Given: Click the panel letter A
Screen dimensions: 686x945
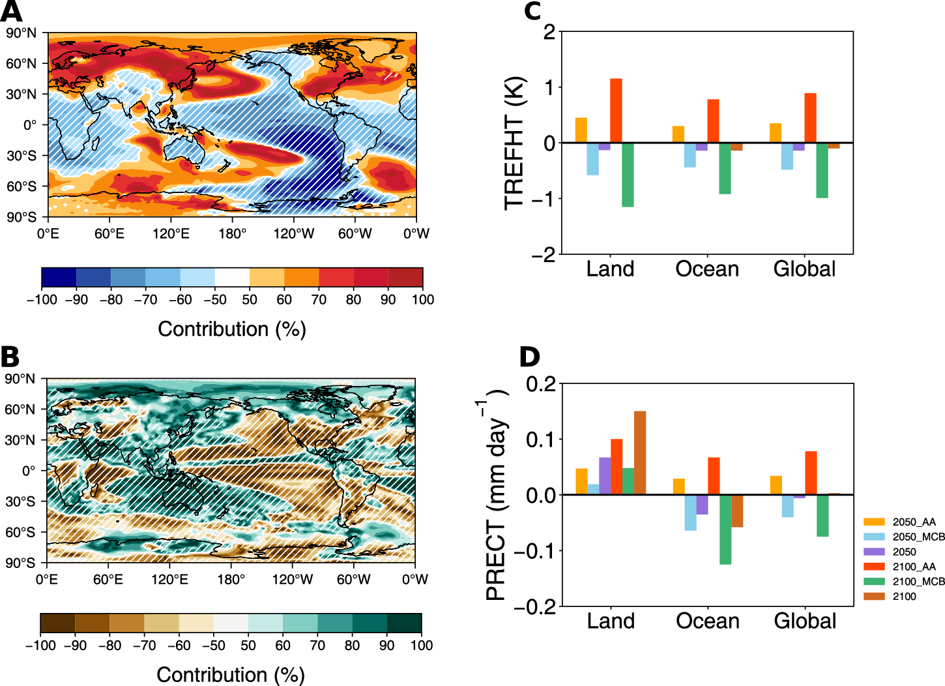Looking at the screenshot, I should tap(11, 12).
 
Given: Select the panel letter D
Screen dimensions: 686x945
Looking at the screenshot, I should tap(530, 357).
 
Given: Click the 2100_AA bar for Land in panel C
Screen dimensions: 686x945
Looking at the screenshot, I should tap(616, 110).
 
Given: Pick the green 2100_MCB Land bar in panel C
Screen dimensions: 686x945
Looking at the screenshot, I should tap(628, 175).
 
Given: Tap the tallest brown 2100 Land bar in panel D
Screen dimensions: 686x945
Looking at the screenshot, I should tap(640, 453).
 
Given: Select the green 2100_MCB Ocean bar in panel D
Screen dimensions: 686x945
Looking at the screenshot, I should tap(725, 529).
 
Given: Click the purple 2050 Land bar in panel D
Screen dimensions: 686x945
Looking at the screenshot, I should tap(605, 475).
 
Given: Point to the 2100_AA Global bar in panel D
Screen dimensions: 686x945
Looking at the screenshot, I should tap(811, 473).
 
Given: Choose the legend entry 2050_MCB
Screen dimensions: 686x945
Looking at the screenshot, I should tap(918, 537).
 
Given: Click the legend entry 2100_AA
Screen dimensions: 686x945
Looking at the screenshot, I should tap(914, 567).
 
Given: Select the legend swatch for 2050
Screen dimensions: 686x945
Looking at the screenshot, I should tap(874, 552).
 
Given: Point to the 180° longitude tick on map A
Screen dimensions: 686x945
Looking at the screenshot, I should tap(232, 233).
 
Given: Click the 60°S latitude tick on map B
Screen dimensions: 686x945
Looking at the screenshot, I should tap(20, 532).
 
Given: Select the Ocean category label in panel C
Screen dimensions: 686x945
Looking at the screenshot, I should tap(707, 269).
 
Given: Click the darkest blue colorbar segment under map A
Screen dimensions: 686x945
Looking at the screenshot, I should tap(59, 277).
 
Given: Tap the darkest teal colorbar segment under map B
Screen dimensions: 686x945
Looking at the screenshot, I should tap(404, 623).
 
